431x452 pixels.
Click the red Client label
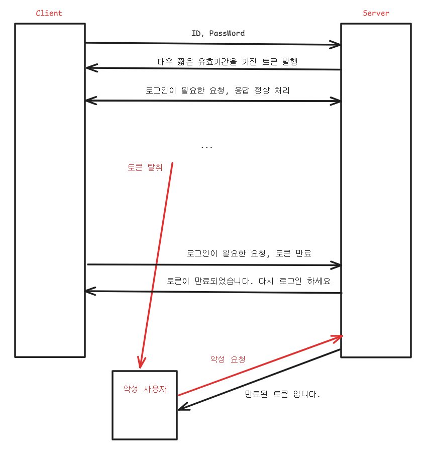pos(49,13)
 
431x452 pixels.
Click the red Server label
pos(376,13)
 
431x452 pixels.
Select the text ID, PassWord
pos(218,34)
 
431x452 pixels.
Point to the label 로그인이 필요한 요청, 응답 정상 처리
pos(218,91)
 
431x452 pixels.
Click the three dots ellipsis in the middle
pos(206,147)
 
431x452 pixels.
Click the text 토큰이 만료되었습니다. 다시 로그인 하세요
pos(249,281)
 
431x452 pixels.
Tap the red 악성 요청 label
pos(228,359)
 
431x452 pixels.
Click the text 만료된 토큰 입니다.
pos(282,394)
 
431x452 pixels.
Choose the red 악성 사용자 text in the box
pos(145,389)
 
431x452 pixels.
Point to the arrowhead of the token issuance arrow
pos(90,67)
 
